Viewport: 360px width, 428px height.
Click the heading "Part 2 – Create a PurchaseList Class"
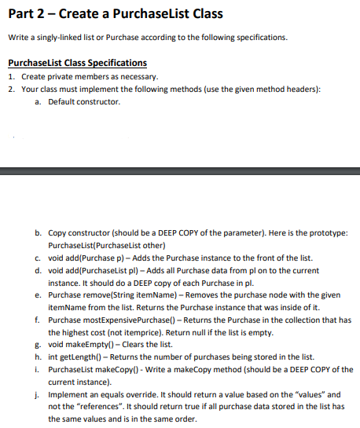tap(114, 14)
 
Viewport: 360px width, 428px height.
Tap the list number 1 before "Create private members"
tap(9, 76)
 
